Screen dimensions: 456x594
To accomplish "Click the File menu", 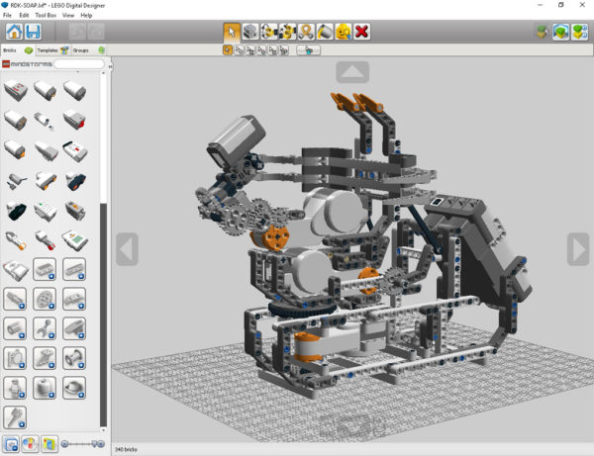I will [x=7, y=16].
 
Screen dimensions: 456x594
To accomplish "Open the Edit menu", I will [x=22, y=16].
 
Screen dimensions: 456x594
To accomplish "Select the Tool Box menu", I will [x=46, y=16].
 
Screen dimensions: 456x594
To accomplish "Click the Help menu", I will [x=87, y=16].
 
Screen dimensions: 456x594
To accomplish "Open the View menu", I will [x=68, y=16].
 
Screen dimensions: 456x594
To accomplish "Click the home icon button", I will [x=15, y=33].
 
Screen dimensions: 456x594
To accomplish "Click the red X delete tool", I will [x=362, y=32].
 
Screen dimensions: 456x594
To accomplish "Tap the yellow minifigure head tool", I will [x=344, y=32].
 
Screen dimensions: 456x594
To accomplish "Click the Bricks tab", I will [x=11, y=48].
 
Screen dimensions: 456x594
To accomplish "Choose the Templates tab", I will [x=47, y=48].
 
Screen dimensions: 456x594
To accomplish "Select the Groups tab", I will [x=82, y=48].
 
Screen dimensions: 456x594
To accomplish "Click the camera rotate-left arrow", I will [x=127, y=249].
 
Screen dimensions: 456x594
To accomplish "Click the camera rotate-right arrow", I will [x=578, y=249].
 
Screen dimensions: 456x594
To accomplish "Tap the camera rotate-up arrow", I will [x=353, y=71].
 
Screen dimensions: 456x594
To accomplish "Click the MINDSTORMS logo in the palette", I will [x=28, y=64].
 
